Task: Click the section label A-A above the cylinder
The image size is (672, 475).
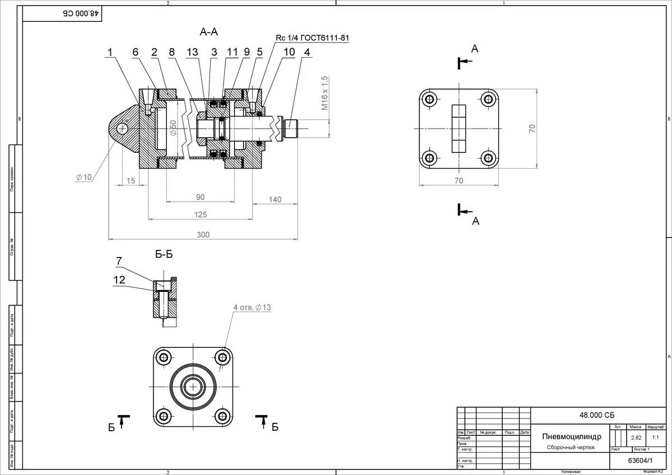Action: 208,32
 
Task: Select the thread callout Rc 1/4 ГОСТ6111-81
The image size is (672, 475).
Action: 312,38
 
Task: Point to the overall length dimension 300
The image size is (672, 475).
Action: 203,235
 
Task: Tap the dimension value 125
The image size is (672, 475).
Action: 200,215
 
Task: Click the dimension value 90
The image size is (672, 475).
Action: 200,197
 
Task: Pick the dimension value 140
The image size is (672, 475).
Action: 275,199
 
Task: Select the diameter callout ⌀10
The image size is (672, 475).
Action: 83,177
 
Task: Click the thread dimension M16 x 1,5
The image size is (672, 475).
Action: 324,94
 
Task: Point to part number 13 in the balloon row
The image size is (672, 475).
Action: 192,52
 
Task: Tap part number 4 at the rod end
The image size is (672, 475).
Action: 306,52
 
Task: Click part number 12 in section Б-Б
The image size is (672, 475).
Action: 119,280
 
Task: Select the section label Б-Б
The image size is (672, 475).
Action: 164,254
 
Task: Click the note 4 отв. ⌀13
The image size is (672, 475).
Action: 252,308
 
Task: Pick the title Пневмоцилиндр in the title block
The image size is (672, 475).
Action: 572,436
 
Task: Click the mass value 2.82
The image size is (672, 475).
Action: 636,437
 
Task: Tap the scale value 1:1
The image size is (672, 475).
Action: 655,437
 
